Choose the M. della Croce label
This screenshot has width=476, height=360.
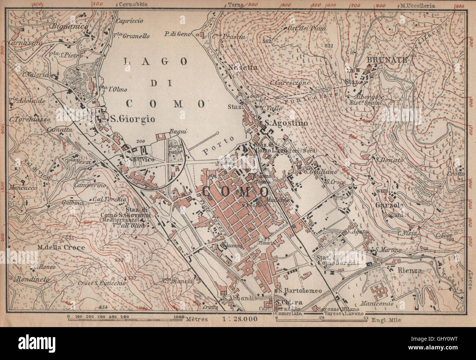point(61,247)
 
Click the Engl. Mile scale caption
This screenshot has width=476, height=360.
point(387,319)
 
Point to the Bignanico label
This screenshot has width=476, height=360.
point(66,26)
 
